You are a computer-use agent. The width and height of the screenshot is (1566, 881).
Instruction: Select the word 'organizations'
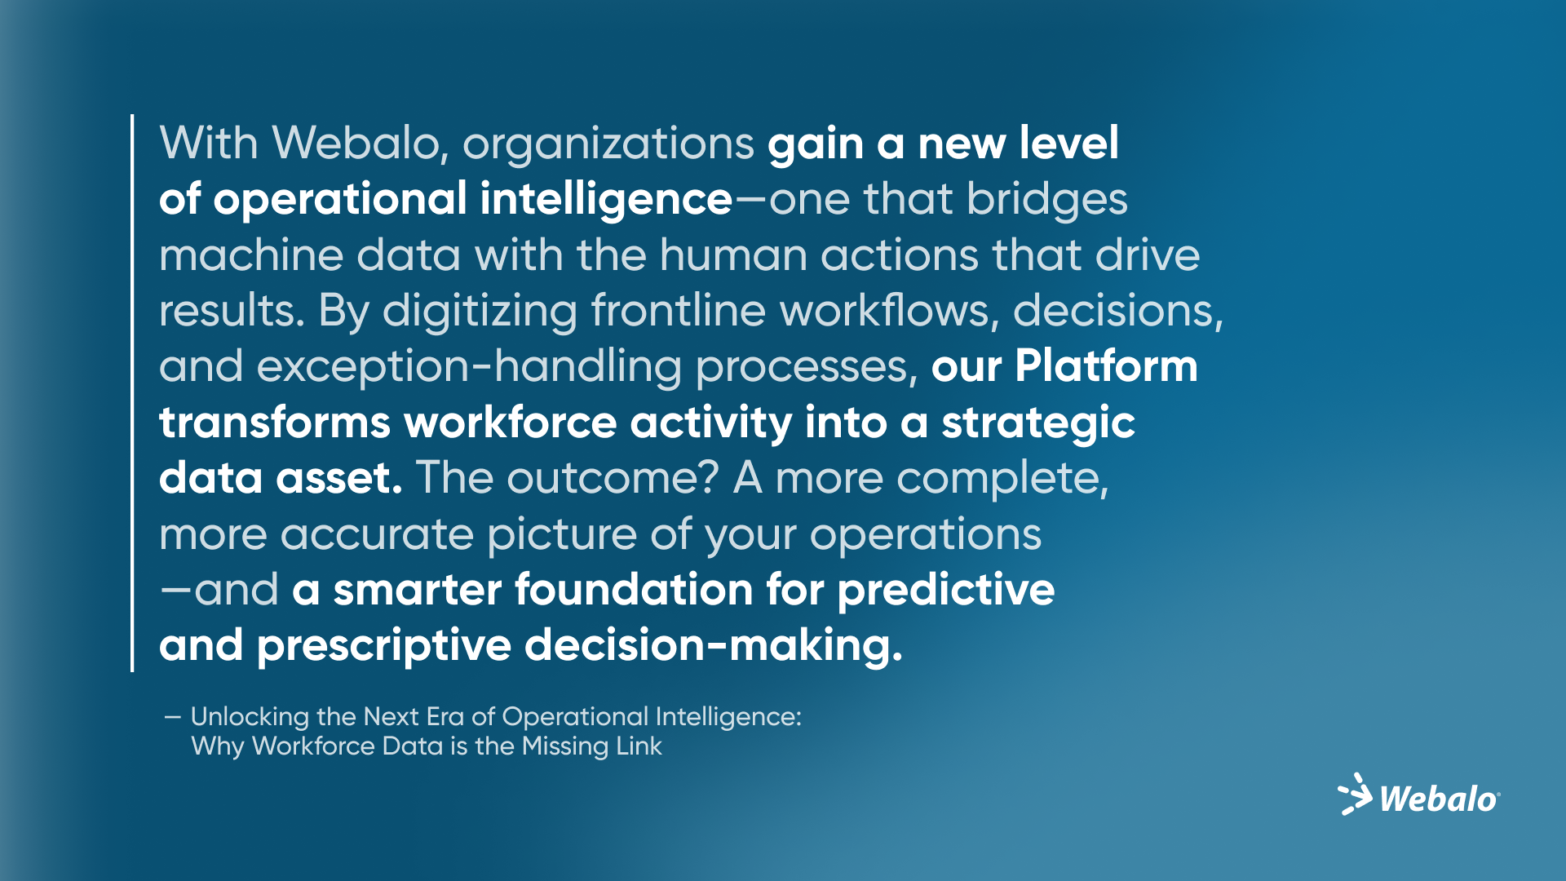(608, 145)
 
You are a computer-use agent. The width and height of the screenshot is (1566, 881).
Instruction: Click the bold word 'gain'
(815, 145)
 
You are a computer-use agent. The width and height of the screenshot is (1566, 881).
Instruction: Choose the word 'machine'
(250, 255)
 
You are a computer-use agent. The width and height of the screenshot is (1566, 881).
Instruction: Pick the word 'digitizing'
(480, 312)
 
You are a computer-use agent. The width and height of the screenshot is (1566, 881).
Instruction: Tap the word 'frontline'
(679, 311)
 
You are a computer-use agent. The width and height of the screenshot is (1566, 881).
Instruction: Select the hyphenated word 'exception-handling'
(420, 367)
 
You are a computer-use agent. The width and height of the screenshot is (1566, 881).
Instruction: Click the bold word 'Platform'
(1106, 366)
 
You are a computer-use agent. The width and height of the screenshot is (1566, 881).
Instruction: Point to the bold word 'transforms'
(275, 423)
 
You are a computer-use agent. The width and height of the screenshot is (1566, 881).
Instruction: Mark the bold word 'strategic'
(1037, 423)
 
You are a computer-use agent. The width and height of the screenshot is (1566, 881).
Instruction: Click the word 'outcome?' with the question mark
(612, 478)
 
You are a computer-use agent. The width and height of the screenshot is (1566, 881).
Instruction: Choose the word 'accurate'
(377, 534)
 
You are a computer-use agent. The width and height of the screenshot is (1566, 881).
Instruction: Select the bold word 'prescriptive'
(383, 647)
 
